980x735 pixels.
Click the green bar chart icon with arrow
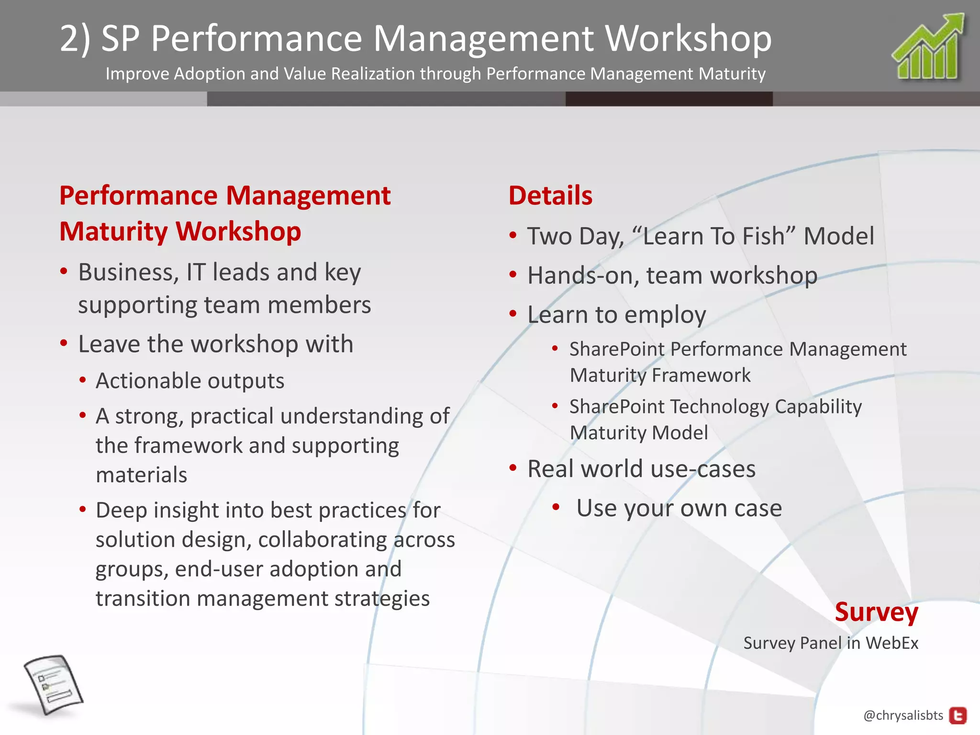(x=928, y=48)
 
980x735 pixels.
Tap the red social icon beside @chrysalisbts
(x=958, y=716)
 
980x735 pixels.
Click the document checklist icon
(x=53, y=685)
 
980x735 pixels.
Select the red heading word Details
(x=550, y=196)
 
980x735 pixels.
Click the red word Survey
(x=877, y=612)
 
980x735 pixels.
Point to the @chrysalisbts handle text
(x=903, y=715)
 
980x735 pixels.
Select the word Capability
(x=818, y=407)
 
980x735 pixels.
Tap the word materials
(x=142, y=475)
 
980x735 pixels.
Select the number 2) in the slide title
(x=75, y=38)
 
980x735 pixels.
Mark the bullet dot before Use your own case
(x=556, y=507)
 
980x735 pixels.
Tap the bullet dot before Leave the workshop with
(x=64, y=343)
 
